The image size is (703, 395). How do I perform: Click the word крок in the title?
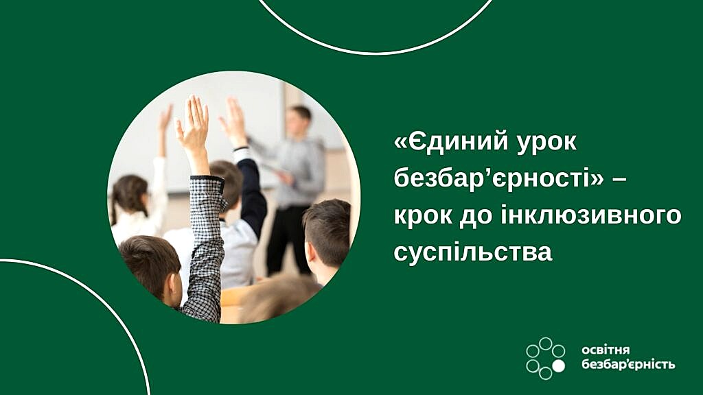pos(423,215)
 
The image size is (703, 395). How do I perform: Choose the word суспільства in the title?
pos(473,252)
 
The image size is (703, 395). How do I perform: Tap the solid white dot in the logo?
pos(558,366)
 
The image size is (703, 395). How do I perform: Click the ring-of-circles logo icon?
pos(545,359)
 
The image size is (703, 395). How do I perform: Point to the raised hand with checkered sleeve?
pos(193,125)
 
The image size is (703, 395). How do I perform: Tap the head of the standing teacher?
pos(299,121)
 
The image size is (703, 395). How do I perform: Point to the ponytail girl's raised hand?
pos(166,118)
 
